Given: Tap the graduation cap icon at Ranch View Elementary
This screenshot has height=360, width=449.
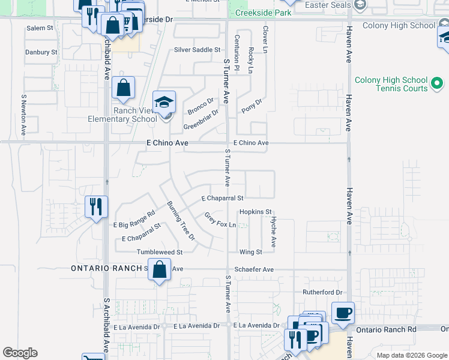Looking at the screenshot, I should point(164,101).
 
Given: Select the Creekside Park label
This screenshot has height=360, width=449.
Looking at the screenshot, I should point(264,13).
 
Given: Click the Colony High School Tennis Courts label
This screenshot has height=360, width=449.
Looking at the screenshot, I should point(391,84).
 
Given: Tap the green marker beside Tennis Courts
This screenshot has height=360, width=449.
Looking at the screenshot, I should point(438,88).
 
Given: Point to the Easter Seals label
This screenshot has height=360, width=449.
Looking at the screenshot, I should point(327,5).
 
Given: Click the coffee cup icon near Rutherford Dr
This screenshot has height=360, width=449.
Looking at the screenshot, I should point(343,312).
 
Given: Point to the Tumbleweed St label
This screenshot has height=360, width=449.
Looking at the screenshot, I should point(159,252).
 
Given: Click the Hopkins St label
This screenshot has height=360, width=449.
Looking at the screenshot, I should point(256,212).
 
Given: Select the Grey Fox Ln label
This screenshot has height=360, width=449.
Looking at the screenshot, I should point(220,221).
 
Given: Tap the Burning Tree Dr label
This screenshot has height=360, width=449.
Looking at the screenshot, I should point(181,220).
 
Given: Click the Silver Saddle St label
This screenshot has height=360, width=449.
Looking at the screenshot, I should point(193,50).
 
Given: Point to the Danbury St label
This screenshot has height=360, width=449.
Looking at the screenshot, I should point(41,52).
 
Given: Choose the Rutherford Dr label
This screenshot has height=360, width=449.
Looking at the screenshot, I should point(322,293).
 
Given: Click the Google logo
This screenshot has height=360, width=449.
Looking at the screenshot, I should point(20,353).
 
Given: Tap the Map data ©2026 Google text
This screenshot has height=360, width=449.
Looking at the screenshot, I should point(412,355).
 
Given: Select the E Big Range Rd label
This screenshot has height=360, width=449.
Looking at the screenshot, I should point(134,219).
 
